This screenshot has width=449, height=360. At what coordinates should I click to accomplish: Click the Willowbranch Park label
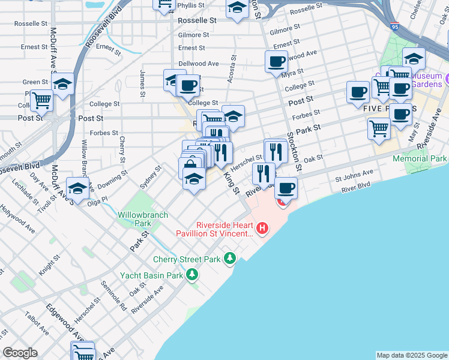134,218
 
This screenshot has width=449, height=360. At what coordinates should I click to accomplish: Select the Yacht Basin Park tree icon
192,275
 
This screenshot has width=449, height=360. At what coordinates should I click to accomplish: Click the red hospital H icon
262,228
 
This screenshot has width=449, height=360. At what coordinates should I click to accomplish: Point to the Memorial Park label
420,159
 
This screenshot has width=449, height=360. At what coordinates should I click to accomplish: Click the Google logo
20,353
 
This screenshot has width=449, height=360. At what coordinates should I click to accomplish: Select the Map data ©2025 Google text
412,355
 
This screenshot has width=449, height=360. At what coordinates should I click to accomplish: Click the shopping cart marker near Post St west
41,101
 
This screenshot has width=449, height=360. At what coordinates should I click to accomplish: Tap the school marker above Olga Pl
77,189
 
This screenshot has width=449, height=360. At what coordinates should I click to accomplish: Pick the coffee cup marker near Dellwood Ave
277,61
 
